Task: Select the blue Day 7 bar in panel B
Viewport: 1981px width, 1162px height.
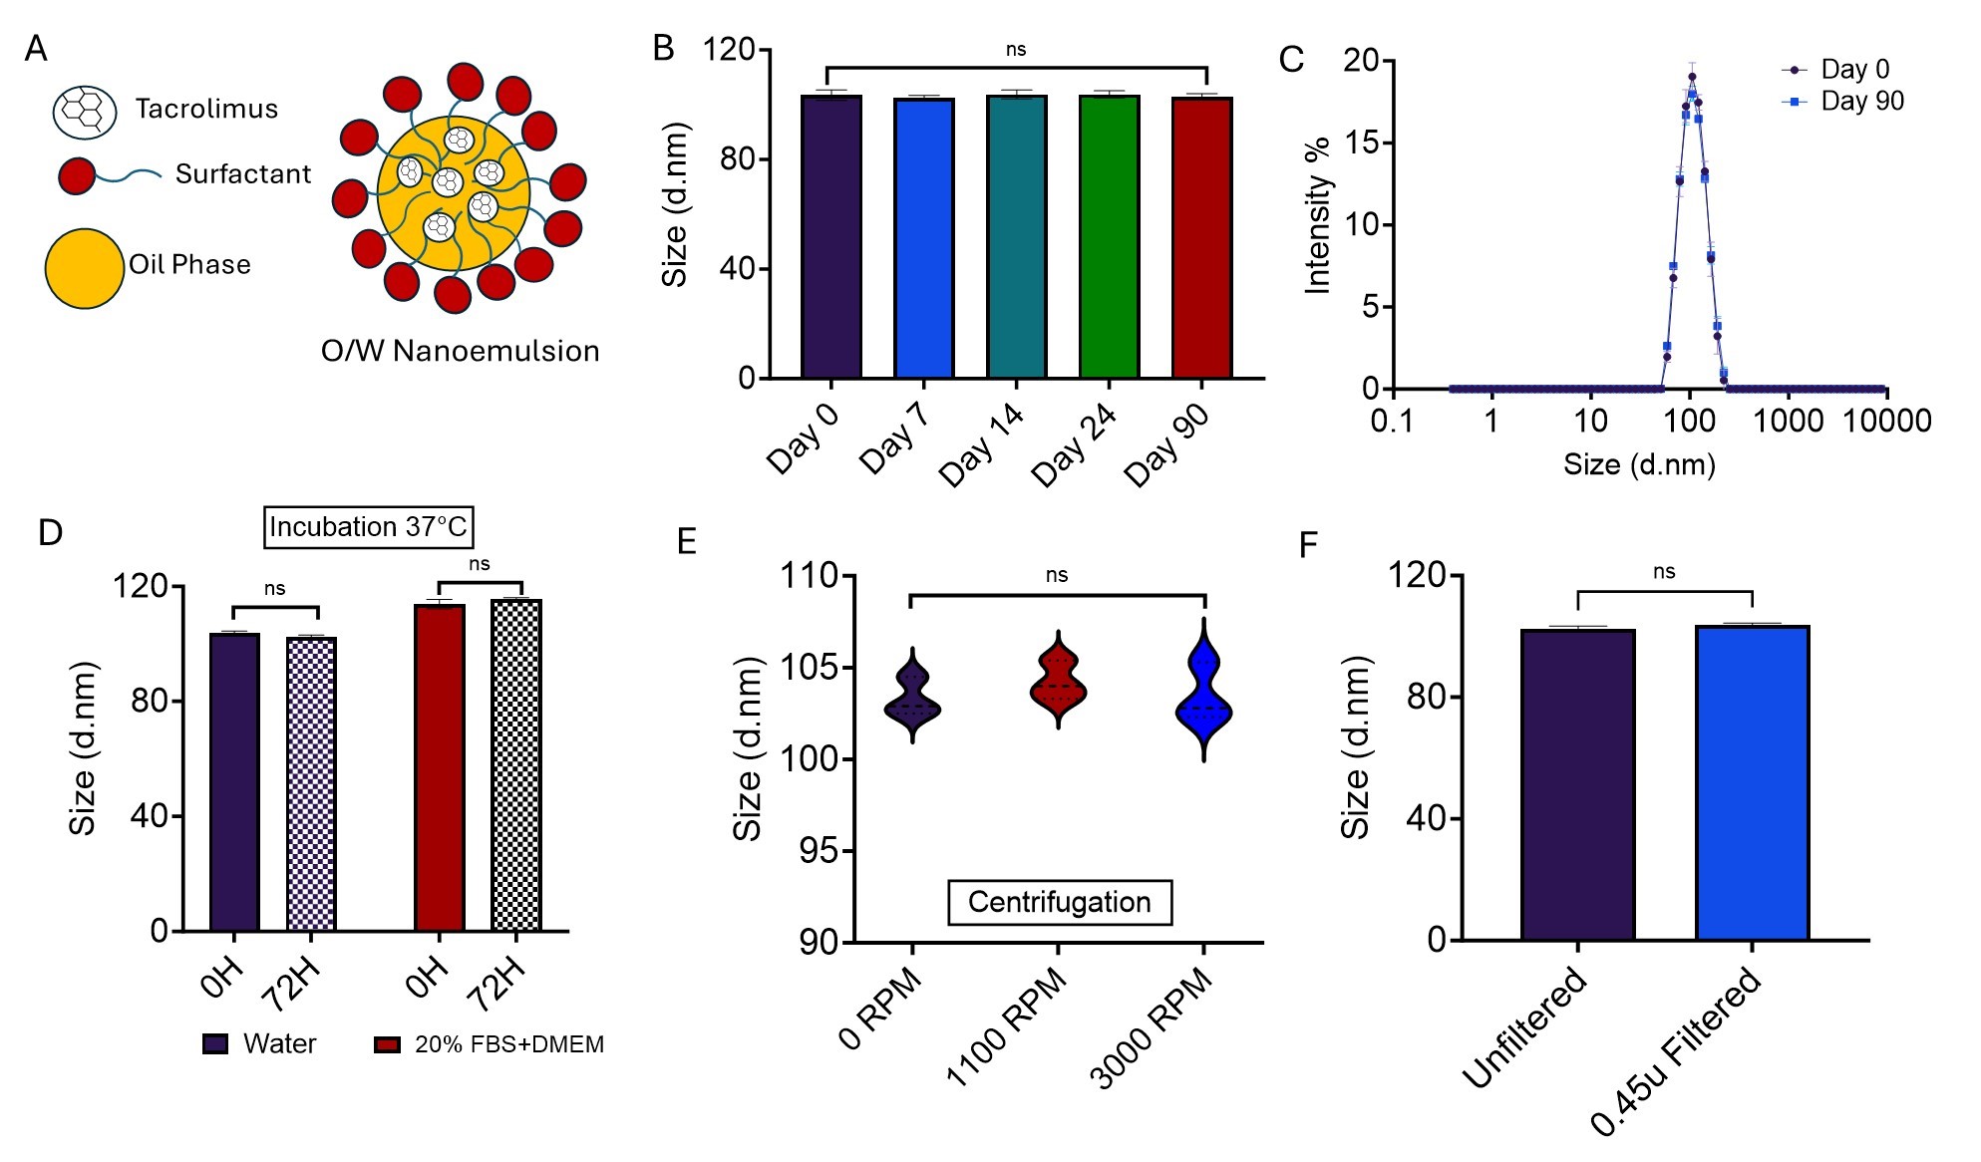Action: click(x=924, y=239)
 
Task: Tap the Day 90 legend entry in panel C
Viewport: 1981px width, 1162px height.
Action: click(x=1861, y=102)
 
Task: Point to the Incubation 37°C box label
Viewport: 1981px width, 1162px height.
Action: click(x=368, y=527)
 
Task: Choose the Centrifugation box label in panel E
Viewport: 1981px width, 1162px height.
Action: click(x=1059, y=902)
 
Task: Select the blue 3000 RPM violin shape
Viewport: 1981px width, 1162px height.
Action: click(x=1204, y=698)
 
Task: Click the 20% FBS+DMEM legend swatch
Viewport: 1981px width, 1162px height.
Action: click(x=387, y=1044)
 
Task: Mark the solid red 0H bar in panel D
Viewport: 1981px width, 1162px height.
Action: click(x=439, y=767)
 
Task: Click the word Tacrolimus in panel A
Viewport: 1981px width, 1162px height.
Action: click(x=206, y=109)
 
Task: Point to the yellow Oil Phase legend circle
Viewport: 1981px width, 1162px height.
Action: click(x=85, y=268)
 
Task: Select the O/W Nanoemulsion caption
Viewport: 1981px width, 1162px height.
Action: click(x=460, y=351)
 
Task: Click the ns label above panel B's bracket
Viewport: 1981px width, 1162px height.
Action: click(x=1015, y=50)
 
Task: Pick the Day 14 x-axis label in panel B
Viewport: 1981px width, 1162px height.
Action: click(x=983, y=444)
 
